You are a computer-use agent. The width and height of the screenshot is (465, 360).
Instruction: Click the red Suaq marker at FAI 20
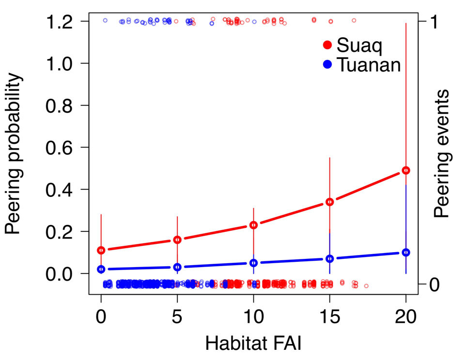[406, 170]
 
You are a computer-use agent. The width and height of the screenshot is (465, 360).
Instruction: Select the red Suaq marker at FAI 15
[329, 202]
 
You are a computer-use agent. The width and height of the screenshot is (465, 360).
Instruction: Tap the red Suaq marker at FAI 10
[253, 225]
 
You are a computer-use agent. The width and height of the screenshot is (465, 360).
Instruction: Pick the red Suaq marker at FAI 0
[101, 250]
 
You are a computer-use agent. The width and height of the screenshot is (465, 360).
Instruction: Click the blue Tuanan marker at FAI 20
[406, 252]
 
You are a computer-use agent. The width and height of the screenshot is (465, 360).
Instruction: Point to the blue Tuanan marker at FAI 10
[253, 263]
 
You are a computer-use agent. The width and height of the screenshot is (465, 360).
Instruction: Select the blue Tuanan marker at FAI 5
[177, 267]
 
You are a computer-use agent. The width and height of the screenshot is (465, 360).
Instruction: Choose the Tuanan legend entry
[361, 64]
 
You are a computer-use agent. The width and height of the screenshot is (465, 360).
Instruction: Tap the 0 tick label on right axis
[435, 285]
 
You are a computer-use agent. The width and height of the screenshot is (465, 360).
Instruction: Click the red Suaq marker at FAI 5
[177, 240]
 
